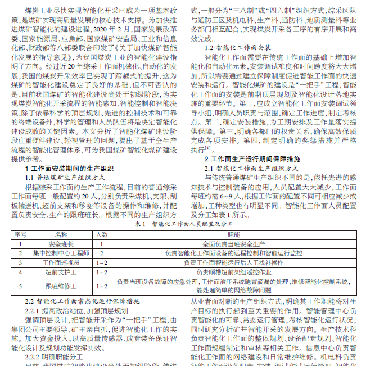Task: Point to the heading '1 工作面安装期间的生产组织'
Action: coord(70,168)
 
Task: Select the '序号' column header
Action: coord(20,234)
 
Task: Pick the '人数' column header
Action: coord(102,234)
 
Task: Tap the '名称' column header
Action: coord(61,234)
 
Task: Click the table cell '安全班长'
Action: coord(61,244)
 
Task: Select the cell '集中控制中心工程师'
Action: coord(61,254)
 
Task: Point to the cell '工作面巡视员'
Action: coord(61,263)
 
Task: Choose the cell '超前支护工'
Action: coord(61,272)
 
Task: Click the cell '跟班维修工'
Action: coord(61,286)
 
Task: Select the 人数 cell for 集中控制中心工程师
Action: coord(102,254)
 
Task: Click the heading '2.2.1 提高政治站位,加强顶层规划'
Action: coord(76,310)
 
